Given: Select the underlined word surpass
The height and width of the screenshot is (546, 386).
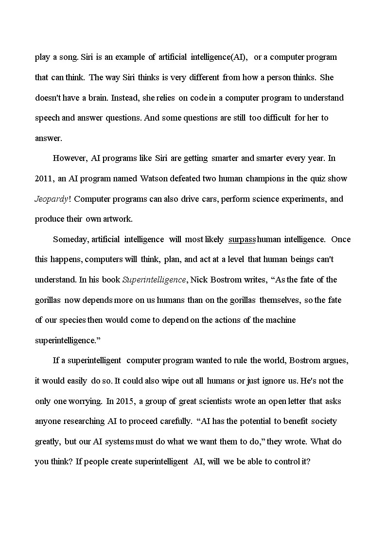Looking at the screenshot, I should (x=242, y=239).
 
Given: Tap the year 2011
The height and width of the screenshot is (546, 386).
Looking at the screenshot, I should (x=44, y=178).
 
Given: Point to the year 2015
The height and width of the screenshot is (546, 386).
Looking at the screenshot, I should (x=127, y=401).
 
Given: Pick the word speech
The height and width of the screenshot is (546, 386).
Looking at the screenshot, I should (x=46, y=118).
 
